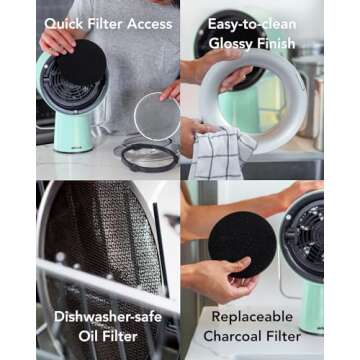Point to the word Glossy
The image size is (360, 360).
(x=233, y=42)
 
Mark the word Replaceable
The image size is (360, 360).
(x=258, y=316)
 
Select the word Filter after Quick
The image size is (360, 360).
(x=104, y=23)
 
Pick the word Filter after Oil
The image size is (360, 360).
(x=123, y=337)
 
